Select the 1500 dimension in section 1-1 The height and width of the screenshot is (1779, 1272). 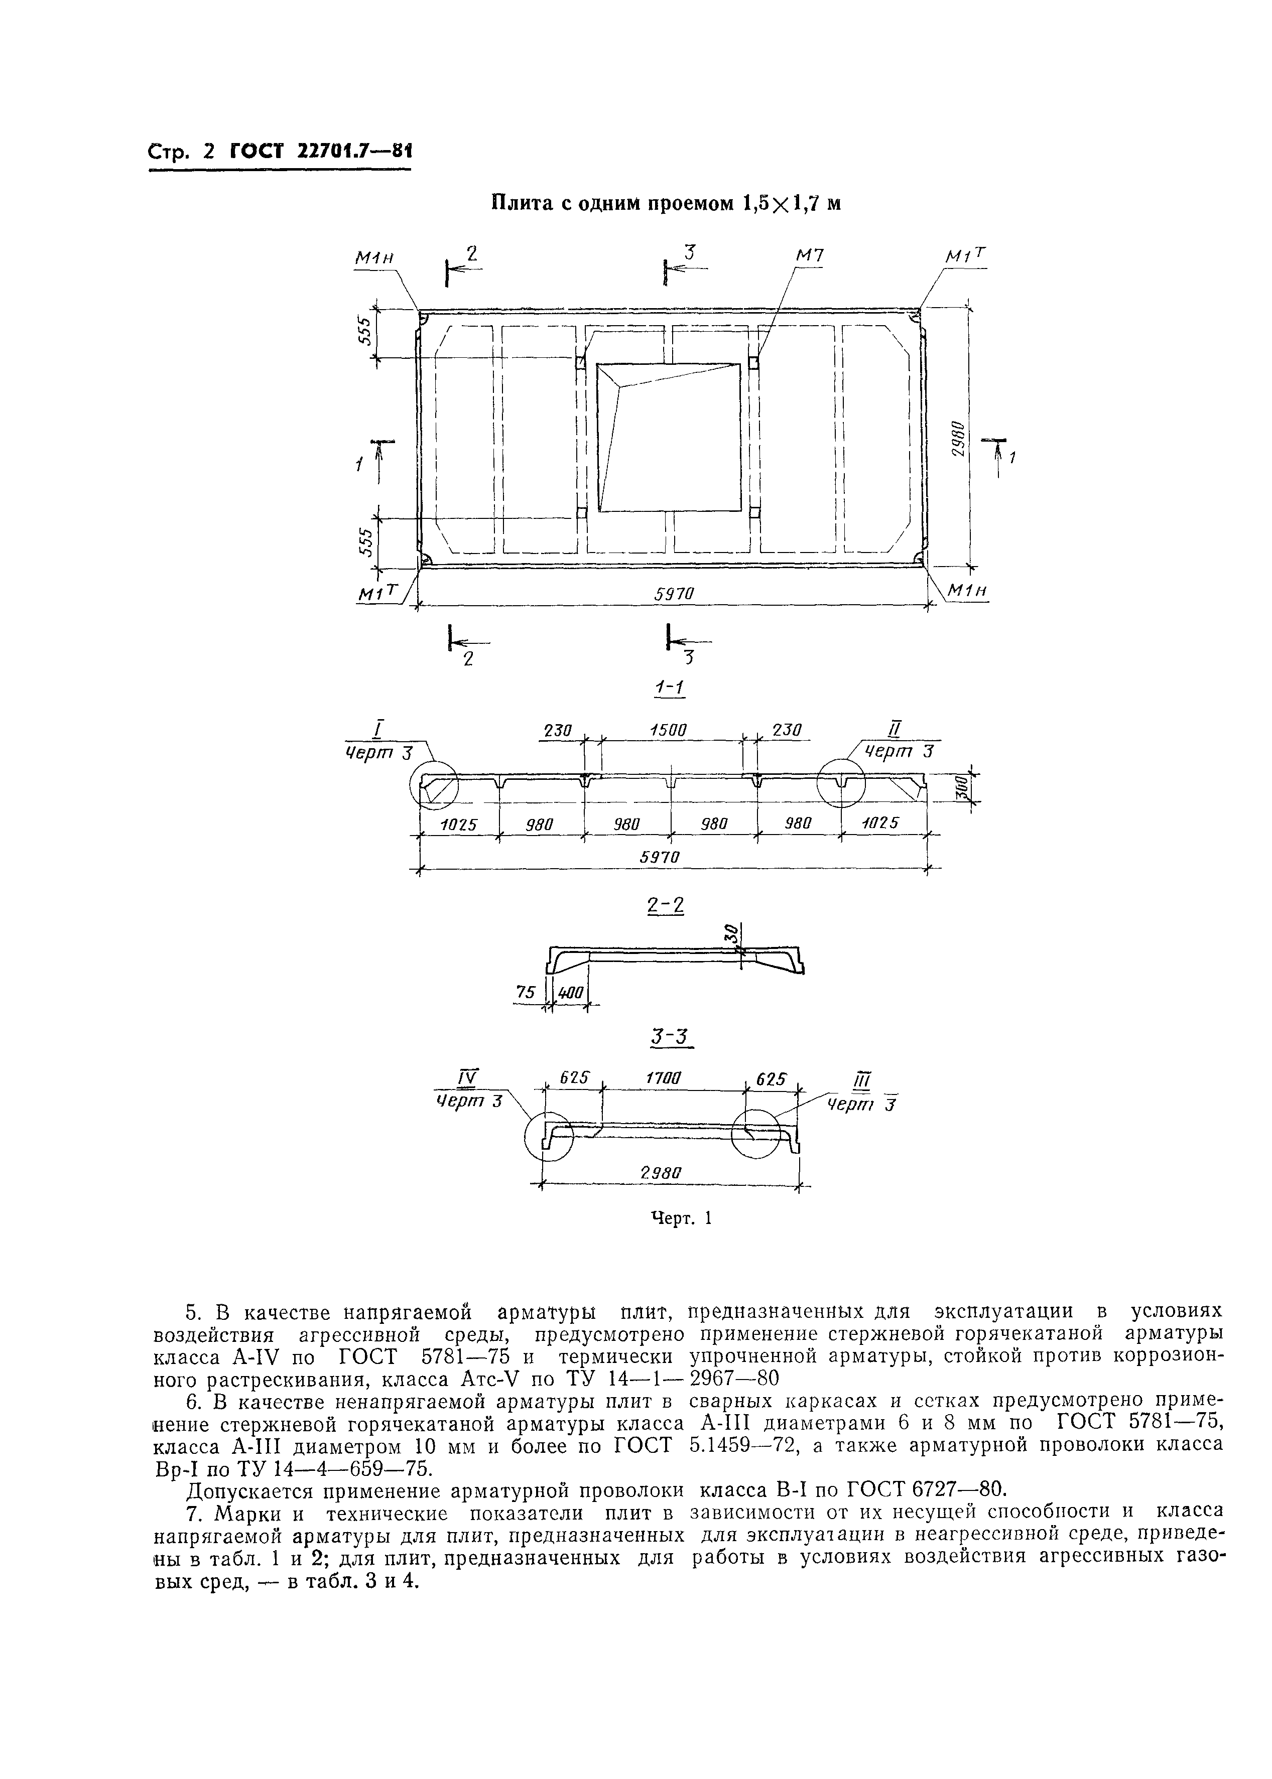click(667, 730)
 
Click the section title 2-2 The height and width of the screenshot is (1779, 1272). click(666, 906)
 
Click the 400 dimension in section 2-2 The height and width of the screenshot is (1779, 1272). click(570, 993)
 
